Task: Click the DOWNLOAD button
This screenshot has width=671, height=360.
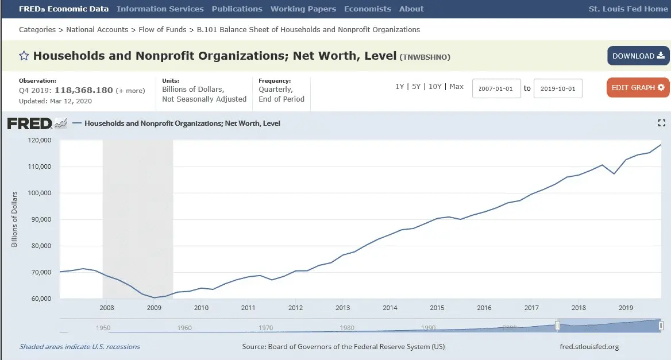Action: click(638, 56)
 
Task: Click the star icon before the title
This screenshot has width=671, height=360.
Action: click(24, 56)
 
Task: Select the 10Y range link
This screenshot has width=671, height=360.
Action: click(435, 87)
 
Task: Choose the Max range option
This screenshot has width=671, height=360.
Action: click(457, 87)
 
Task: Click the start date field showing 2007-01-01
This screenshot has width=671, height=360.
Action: click(496, 89)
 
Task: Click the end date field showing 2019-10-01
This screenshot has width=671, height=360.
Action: click(557, 89)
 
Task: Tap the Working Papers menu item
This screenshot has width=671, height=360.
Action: click(303, 9)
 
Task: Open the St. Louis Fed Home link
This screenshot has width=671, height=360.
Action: click(628, 9)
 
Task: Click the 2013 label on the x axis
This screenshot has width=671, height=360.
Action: click(342, 308)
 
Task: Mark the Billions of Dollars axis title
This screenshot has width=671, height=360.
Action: click(14, 219)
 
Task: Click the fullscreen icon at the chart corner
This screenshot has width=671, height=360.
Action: click(661, 123)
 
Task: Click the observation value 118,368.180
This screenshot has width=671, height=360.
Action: click(84, 90)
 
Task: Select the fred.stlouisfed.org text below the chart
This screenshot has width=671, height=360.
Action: click(589, 347)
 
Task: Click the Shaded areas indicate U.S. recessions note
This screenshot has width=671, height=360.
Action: click(80, 347)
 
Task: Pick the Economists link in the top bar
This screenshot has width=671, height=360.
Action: click(368, 9)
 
